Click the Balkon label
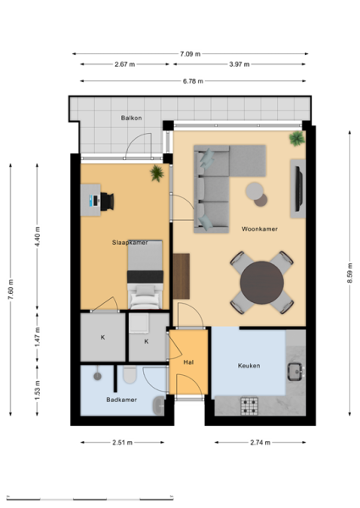(131, 118)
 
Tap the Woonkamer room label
(259, 229)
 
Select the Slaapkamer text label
(130, 242)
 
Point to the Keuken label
(249, 366)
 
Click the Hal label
(189, 362)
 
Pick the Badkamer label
(121, 400)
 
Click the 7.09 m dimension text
(191, 54)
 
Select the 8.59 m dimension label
(350, 273)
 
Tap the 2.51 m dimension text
(123, 443)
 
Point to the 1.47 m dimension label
(37, 337)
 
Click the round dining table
(262, 283)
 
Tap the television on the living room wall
(298, 187)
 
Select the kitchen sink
(295, 372)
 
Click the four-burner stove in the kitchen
(249, 406)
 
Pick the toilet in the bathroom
(130, 374)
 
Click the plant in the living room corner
(296, 139)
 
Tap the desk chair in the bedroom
(107, 202)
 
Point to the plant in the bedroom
(158, 174)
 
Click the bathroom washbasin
(158, 406)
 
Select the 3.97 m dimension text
(240, 64)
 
